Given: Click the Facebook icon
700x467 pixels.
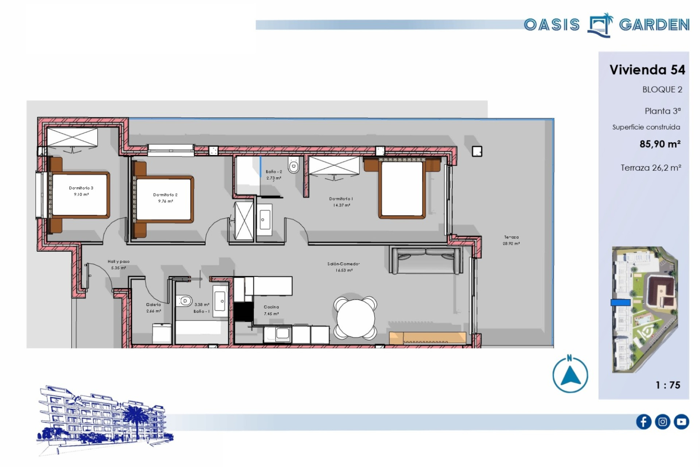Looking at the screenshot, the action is tap(643, 422).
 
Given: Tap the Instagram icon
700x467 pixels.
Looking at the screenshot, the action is tap(662, 422).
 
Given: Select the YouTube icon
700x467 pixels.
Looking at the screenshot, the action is tap(681, 422).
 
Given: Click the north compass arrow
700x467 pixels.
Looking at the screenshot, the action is tap(571, 376).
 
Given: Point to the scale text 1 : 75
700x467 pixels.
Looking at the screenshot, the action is tap(668, 385).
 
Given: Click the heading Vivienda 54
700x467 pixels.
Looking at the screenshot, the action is tap(647, 70).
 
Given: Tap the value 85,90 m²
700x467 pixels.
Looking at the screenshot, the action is tap(660, 144).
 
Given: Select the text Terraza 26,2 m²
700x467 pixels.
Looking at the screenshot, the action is tap(651, 168).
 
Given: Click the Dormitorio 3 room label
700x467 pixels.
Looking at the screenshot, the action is tap(81, 188).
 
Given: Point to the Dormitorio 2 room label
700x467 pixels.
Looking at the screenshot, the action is tap(165, 195).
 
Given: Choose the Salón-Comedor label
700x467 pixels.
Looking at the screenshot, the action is tap(343, 264).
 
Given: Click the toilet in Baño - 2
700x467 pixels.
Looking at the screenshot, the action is tap(293, 165).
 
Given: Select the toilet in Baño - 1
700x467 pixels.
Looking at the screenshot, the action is tap(184, 301).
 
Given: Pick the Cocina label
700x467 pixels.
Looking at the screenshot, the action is tap(271, 307).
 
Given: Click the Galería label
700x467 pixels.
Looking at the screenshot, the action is tap(153, 305).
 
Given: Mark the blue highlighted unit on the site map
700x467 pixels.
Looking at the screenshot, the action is tap(621, 302).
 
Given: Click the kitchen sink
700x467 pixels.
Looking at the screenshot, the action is tap(282, 333).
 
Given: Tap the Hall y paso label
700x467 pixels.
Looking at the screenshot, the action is tap(118, 262).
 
